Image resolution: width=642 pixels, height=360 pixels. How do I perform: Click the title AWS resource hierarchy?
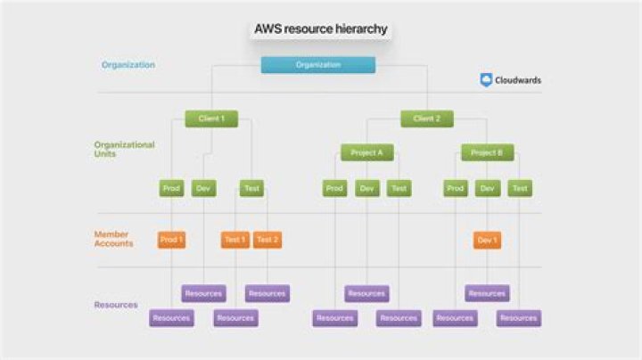[x=320, y=29]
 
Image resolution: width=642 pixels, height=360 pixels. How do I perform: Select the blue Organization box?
[x=318, y=65]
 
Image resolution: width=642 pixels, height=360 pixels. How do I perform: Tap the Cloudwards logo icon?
[x=486, y=80]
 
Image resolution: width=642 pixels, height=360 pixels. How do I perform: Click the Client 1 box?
[x=211, y=119]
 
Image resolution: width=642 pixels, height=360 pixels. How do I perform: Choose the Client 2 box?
[x=426, y=119]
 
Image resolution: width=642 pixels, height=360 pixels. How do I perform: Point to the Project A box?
[x=366, y=152]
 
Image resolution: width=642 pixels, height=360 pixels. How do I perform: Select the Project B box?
[x=487, y=152]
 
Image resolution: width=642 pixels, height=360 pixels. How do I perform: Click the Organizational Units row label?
[x=124, y=149]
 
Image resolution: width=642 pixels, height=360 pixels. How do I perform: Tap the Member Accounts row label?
[x=114, y=239]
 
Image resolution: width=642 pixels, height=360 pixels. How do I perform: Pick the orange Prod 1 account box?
[x=171, y=240]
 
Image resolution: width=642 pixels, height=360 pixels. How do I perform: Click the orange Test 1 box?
[x=235, y=240]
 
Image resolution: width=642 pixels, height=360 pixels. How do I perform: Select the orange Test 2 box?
[x=267, y=240]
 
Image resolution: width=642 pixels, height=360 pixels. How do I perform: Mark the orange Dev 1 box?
[x=487, y=240]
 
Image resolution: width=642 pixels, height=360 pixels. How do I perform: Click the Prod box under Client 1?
[x=171, y=188]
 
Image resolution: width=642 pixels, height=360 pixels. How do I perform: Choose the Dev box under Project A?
[x=367, y=188]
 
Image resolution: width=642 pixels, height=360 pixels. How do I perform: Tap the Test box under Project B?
[x=520, y=188]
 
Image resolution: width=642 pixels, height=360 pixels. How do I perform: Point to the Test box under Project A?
[x=399, y=188]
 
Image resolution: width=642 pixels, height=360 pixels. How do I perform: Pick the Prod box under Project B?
[x=456, y=188]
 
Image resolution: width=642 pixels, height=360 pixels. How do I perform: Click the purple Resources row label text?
[x=116, y=305]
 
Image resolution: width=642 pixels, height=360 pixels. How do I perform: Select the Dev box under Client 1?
[x=203, y=188]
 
